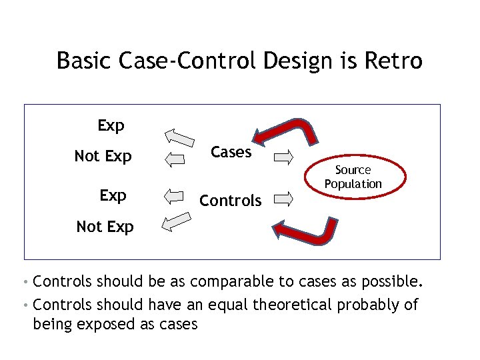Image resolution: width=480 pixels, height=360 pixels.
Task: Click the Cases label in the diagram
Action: pos(231,152)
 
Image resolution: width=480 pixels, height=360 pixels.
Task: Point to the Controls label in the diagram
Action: pos(231,200)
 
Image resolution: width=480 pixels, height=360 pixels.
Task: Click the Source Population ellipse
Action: pos(353,177)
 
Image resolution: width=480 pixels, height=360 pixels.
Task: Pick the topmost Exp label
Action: pos(111,125)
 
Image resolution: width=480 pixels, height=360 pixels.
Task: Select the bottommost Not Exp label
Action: pos(105,227)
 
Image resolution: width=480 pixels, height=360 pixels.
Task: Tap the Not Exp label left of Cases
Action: pos(103,157)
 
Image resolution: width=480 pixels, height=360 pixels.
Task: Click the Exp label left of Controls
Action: pos(113,195)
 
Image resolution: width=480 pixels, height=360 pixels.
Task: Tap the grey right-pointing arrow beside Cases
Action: pos(283,158)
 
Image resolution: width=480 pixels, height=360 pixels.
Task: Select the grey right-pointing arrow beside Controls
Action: pos(283,198)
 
